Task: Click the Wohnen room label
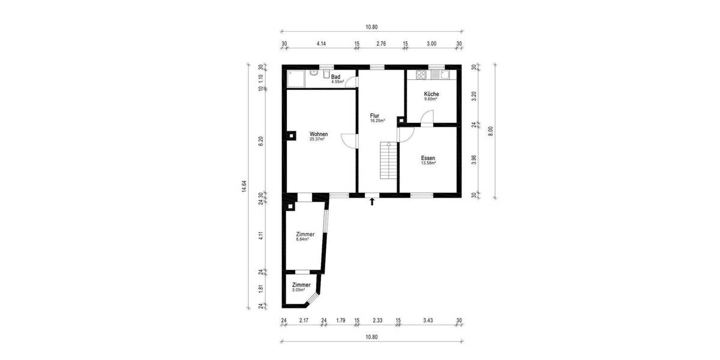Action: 318,134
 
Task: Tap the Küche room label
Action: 431,94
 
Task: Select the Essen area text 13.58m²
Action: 428,163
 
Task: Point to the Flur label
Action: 374,116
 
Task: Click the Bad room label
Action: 336,77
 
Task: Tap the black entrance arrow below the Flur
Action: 373,202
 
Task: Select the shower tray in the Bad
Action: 296,79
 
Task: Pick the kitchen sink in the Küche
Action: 445,75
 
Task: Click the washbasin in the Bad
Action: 314,73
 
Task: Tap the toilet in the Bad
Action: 325,74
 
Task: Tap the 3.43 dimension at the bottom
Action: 428,321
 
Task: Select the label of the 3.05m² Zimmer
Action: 301,285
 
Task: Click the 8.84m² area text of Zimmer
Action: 302,239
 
